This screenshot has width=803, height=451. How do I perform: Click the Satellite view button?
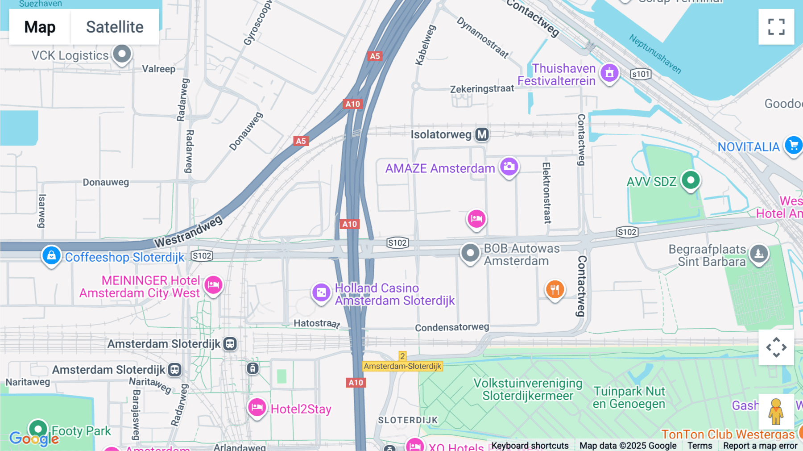click(115, 27)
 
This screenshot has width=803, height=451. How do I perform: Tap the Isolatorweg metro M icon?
click(482, 134)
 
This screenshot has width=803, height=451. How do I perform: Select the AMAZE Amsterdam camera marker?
click(509, 167)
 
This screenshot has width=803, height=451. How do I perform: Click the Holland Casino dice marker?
click(321, 292)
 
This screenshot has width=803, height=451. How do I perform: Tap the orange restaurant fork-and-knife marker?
click(555, 289)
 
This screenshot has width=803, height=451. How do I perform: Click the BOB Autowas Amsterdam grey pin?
click(470, 253)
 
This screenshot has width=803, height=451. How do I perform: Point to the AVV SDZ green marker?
click(691, 180)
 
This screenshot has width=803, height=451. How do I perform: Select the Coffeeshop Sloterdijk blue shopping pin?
click(51, 255)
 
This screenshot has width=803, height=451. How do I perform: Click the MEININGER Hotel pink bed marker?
click(213, 284)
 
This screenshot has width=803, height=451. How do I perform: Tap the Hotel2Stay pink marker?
click(257, 407)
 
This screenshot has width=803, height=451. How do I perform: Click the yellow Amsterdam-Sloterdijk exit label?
click(402, 366)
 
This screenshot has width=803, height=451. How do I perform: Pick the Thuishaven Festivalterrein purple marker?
click(609, 72)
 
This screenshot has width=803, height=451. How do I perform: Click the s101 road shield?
click(641, 74)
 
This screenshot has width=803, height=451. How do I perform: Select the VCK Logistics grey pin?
click(122, 54)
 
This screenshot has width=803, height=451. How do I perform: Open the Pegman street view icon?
click(776, 411)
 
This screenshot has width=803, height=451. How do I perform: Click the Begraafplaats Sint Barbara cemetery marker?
click(759, 254)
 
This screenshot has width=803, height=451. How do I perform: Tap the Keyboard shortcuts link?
click(530, 446)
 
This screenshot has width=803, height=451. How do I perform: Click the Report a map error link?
click(760, 446)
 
